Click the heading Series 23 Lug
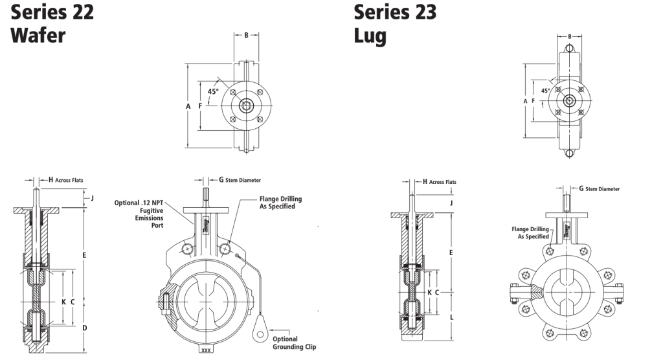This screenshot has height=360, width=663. tap(395, 23)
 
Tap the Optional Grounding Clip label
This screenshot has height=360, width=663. tap(285, 343)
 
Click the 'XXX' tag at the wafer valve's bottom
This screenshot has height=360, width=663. tap(207, 350)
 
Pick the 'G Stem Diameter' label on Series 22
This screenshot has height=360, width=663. tap(240, 180)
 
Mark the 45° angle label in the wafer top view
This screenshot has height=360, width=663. tap(212, 91)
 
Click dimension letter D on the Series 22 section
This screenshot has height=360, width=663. tap(84, 329)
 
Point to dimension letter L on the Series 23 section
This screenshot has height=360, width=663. tap(451, 317)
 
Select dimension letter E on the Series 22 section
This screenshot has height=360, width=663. tap(84, 255)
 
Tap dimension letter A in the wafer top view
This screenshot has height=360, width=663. tap(188, 106)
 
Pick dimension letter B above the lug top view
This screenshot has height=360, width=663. tap(569, 36)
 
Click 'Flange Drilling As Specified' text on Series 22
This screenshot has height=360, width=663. tap(280, 203)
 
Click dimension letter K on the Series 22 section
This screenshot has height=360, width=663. tap(63, 302)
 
